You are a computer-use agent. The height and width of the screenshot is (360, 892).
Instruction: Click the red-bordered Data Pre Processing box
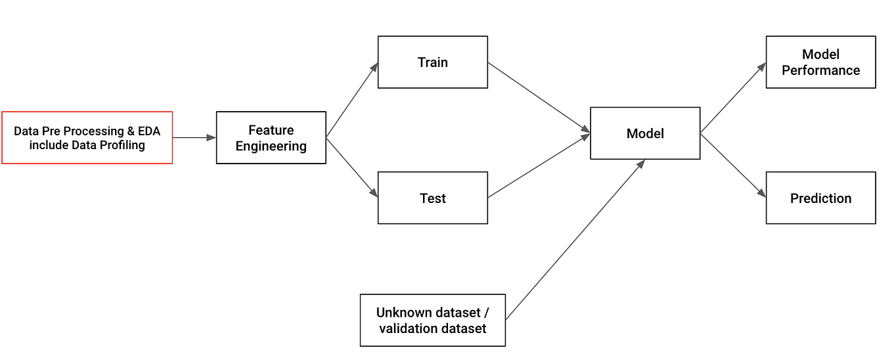[x=87, y=137]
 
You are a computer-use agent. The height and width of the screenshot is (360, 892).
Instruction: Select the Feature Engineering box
[x=271, y=137]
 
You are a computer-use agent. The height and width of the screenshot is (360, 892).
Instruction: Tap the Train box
[x=432, y=62]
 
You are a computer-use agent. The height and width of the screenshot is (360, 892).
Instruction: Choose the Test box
[x=432, y=198]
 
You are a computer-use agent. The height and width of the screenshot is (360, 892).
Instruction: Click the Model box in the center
[x=645, y=133]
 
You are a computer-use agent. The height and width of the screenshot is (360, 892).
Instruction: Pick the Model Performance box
[x=820, y=62]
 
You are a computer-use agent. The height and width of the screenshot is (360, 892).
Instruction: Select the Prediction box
[x=820, y=198]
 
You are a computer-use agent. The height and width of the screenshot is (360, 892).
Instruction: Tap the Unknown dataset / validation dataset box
[x=432, y=320]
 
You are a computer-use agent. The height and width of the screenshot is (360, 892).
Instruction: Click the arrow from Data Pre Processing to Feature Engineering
[x=194, y=137]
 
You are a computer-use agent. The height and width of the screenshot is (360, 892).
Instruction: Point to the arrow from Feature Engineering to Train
[x=352, y=100]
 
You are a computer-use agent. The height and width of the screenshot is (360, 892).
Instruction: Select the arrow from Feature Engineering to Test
[x=352, y=168]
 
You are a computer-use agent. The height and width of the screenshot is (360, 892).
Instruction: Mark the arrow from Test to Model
[x=539, y=166]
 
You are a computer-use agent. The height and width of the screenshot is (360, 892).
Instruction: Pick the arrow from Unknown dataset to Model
[x=575, y=239]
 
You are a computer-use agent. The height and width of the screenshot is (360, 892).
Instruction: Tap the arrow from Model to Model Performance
[x=733, y=99]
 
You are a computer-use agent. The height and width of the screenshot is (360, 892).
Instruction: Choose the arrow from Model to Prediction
[x=733, y=165]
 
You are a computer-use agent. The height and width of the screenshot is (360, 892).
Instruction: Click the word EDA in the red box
[x=148, y=131]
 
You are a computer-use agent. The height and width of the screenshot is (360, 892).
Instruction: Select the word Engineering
[x=271, y=146]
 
